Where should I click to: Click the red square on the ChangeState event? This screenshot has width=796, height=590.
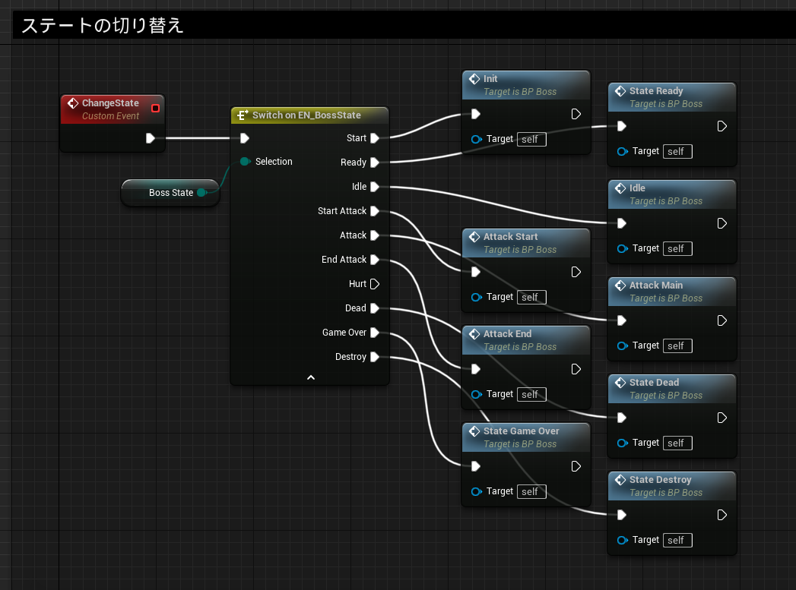coord(155,108)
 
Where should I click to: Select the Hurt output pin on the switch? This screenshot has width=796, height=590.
coord(375,284)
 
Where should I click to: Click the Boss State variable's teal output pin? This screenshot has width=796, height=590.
coord(201,193)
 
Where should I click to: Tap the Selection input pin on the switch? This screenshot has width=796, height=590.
coord(245,161)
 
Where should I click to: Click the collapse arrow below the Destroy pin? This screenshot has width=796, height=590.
coord(311,377)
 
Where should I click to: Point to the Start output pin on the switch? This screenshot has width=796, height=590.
coord(375,138)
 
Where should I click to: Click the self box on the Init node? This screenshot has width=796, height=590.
coord(531,140)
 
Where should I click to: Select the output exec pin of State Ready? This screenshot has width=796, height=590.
coord(722,126)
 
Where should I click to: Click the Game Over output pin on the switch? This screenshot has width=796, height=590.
coord(375,333)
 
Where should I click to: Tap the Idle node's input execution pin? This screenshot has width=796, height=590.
coord(622,223)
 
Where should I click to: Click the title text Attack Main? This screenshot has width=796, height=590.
coord(656,286)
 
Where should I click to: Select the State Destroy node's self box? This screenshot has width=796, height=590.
coord(677,541)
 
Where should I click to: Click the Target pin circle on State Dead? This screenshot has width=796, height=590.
coord(622,443)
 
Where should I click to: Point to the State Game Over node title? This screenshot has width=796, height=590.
coord(521,431)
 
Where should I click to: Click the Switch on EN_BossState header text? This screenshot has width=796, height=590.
coord(306,115)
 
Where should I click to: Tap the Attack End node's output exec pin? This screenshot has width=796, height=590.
coord(576,369)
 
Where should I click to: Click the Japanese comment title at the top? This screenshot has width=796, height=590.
coord(102,25)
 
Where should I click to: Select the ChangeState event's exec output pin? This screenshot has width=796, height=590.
coord(151,138)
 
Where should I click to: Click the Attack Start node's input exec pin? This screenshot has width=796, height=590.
coord(476,272)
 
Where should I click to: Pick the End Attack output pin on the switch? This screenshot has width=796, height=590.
coord(375,260)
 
